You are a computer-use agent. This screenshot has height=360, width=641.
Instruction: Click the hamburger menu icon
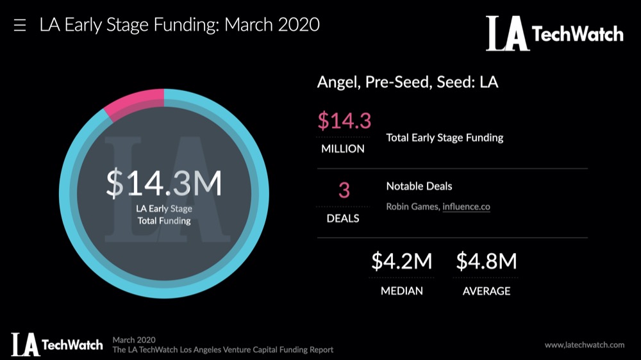click(20, 26)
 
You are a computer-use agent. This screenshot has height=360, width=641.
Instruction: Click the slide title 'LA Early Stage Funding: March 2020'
click(179, 26)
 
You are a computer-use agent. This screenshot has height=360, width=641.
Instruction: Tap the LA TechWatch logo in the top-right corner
click(554, 33)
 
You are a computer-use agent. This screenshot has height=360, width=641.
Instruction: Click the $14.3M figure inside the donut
click(164, 184)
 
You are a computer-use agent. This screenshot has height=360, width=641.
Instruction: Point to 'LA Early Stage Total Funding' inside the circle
click(164, 215)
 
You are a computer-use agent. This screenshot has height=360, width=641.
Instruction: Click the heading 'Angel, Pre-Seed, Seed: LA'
click(408, 83)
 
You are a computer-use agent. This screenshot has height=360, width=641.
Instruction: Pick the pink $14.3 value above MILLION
click(344, 120)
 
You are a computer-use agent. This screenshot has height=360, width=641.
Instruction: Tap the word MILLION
click(343, 149)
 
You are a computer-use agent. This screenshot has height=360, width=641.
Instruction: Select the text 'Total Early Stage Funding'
click(444, 137)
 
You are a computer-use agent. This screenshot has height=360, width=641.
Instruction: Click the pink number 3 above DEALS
click(344, 191)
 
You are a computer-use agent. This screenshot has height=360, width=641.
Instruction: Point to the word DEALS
click(343, 218)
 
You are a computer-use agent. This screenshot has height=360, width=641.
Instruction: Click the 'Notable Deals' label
click(419, 186)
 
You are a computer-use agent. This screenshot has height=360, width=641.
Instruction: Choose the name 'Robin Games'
click(412, 207)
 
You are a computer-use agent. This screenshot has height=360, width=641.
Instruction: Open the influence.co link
click(466, 207)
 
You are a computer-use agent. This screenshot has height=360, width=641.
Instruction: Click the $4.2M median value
click(402, 261)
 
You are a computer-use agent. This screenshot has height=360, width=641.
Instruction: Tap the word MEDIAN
click(402, 291)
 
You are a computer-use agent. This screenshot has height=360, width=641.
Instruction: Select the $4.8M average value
click(486, 261)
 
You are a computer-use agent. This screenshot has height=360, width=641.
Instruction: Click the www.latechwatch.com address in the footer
click(584, 345)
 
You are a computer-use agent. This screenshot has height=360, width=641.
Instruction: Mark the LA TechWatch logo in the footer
click(56, 344)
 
